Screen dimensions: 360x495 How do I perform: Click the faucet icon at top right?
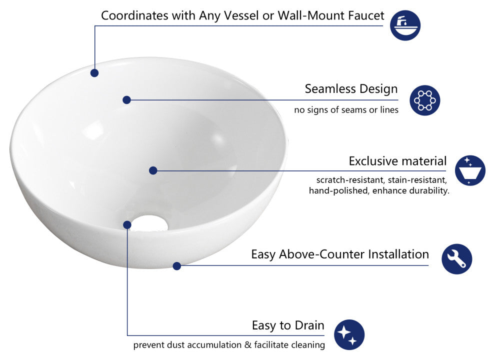pyautogui.click(x=405, y=25)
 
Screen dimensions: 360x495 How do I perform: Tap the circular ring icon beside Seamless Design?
pyautogui.click(x=424, y=100)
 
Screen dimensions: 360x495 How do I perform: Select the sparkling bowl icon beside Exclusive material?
pyautogui.click(x=470, y=170)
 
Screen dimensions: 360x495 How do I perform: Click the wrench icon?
pyautogui.click(x=456, y=258)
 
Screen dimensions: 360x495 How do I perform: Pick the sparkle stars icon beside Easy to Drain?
pyautogui.click(x=349, y=334)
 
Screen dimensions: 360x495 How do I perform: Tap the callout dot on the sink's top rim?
pyautogui.click(x=94, y=73)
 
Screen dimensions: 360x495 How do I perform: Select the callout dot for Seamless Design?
pyautogui.click(x=126, y=100)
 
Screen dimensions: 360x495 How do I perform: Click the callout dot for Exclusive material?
pyautogui.click(x=153, y=170)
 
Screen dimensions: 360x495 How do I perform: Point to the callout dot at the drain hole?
pyautogui.click(x=127, y=225)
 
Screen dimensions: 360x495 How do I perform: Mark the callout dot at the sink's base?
pyautogui.click(x=176, y=266)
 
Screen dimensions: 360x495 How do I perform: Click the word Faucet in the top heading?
pyautogui.click(x=364, y=15)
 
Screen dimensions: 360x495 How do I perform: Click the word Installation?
pyautogui.click(x=398, y=254)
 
